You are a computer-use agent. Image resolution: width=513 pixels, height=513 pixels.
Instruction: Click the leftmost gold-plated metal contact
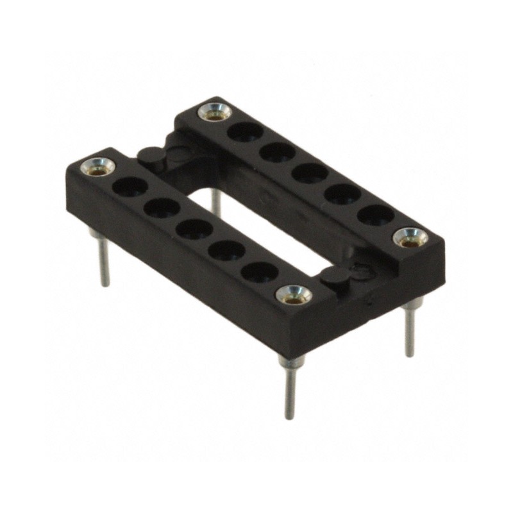coord(98,167)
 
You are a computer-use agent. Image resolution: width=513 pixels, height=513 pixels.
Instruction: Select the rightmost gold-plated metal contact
coord(410,238)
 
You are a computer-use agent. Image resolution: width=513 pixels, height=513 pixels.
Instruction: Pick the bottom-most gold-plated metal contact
coord(294,294)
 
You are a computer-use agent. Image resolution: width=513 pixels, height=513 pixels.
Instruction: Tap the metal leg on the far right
coord(408,330)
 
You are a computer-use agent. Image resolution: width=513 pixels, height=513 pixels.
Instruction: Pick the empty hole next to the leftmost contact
coord(131,187)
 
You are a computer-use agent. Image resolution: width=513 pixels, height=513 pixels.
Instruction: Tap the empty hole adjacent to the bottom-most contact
coord(260,272)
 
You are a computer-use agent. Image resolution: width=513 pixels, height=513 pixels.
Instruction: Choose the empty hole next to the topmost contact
coord(246,132)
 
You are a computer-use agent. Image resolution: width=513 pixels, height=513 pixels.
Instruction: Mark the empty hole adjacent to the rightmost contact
coord(374,214)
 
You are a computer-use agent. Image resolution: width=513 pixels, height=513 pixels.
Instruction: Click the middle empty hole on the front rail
coord(194,229)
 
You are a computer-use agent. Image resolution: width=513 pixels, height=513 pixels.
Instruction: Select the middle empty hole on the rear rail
coord(310,173)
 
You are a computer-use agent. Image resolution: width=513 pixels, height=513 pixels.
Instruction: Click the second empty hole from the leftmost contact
coord(162,208)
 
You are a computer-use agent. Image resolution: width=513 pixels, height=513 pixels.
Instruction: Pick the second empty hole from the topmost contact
coord(278,152)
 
